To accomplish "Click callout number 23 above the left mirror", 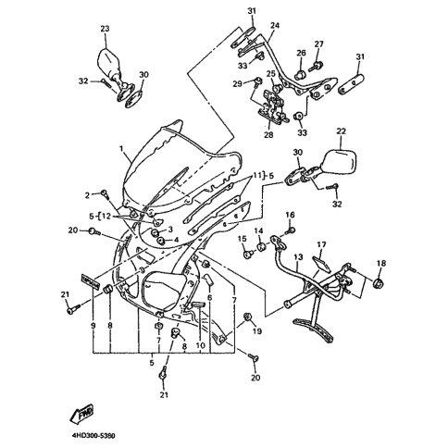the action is [105, 29].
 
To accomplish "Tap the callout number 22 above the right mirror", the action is [341, 131].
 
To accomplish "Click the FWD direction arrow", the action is [81, 415].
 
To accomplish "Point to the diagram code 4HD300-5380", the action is [89, 436].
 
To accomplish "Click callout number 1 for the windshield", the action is [121, 149].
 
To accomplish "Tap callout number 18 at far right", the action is [381, 263].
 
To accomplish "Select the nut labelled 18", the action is [378, 282].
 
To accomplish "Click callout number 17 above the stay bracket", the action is [321, 244].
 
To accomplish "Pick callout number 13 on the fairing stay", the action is [298, 256].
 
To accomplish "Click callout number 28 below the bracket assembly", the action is [268, 134].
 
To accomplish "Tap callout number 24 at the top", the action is [275, 25].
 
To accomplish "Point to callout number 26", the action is [301, 53].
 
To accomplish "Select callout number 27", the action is [319, 44].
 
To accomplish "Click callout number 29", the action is [237, 83].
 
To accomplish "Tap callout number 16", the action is [290, 215].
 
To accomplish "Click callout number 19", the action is [257, 331].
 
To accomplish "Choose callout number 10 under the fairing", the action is [200, 345].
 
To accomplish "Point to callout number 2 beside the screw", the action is [88, 195].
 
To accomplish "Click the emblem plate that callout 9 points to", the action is [90, 281].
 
